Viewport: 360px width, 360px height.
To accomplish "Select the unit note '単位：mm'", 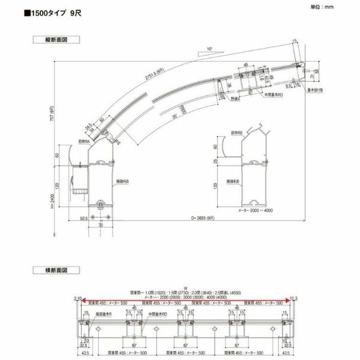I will click(x=320, y=8).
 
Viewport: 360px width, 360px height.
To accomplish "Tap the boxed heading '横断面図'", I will click(x=56, y=270).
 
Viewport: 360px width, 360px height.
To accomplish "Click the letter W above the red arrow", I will click(x=186, y=287).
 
